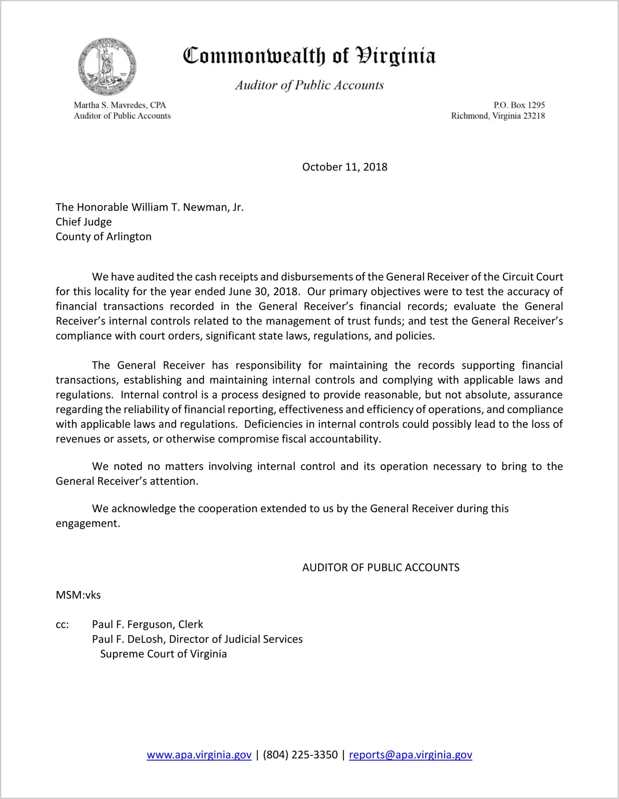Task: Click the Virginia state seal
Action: [107, 67]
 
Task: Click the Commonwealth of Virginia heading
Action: [309, 56]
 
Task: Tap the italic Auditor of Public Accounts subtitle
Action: [309, 85]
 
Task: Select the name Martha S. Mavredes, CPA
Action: [120, 105]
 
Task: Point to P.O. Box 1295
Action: [519, 105]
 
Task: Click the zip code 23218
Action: [534, 116]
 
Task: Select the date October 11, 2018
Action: [345, 167]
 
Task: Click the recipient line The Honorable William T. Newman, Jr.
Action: [150, 207]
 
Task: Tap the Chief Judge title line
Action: [84, 222]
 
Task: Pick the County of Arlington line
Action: [104, 237]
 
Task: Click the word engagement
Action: [87, 523]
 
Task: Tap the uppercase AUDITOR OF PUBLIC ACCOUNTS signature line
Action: [381, 567]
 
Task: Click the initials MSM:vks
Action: [78, 595]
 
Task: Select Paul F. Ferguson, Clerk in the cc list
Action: [147, 624]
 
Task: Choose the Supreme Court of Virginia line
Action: [163, 654]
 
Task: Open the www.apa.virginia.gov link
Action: [199, 755]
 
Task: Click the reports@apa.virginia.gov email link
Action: [410, 755]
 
